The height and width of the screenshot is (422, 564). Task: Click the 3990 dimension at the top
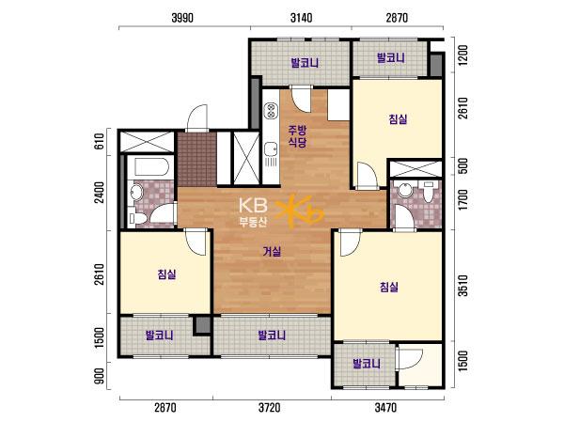tap(182, 18)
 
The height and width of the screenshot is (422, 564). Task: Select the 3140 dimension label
tap(301, 18)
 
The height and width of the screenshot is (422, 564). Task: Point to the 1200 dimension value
tap(463, 55)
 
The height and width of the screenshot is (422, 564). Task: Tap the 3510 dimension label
tap(463, 286)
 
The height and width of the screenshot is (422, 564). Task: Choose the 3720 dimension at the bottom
tap(270, 408)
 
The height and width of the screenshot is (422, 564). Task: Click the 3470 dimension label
tap(385, 408)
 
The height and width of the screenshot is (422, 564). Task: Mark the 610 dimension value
tap(100, 141)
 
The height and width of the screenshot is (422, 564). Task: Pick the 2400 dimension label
tap(100, 193)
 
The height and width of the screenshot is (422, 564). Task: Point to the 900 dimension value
tap(100, 376)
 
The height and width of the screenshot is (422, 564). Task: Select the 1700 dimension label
tap(463, 200)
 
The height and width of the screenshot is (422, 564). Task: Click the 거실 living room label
tap(272, 252)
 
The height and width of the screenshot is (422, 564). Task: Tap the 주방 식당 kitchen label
tap(297, 136)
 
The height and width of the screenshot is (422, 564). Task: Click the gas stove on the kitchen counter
tap(271, 111)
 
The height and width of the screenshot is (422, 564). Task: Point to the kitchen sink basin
tap(270, 148)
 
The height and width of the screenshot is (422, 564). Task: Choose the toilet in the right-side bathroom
tap(428, 192)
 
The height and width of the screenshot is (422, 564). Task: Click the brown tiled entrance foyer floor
tap(196, 160)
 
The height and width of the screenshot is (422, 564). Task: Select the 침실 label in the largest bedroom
tap(389, 287)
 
